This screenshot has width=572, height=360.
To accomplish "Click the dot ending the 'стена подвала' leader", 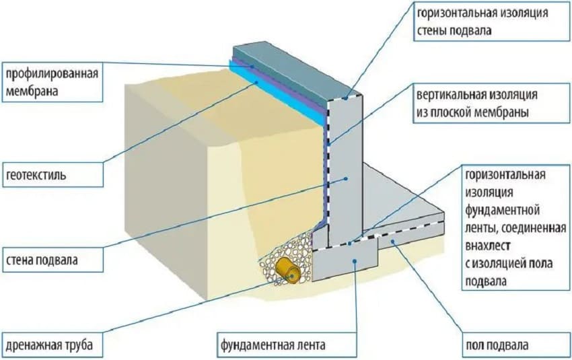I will point(345,178).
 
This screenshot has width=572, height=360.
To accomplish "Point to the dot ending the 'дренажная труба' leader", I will point(291,275).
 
